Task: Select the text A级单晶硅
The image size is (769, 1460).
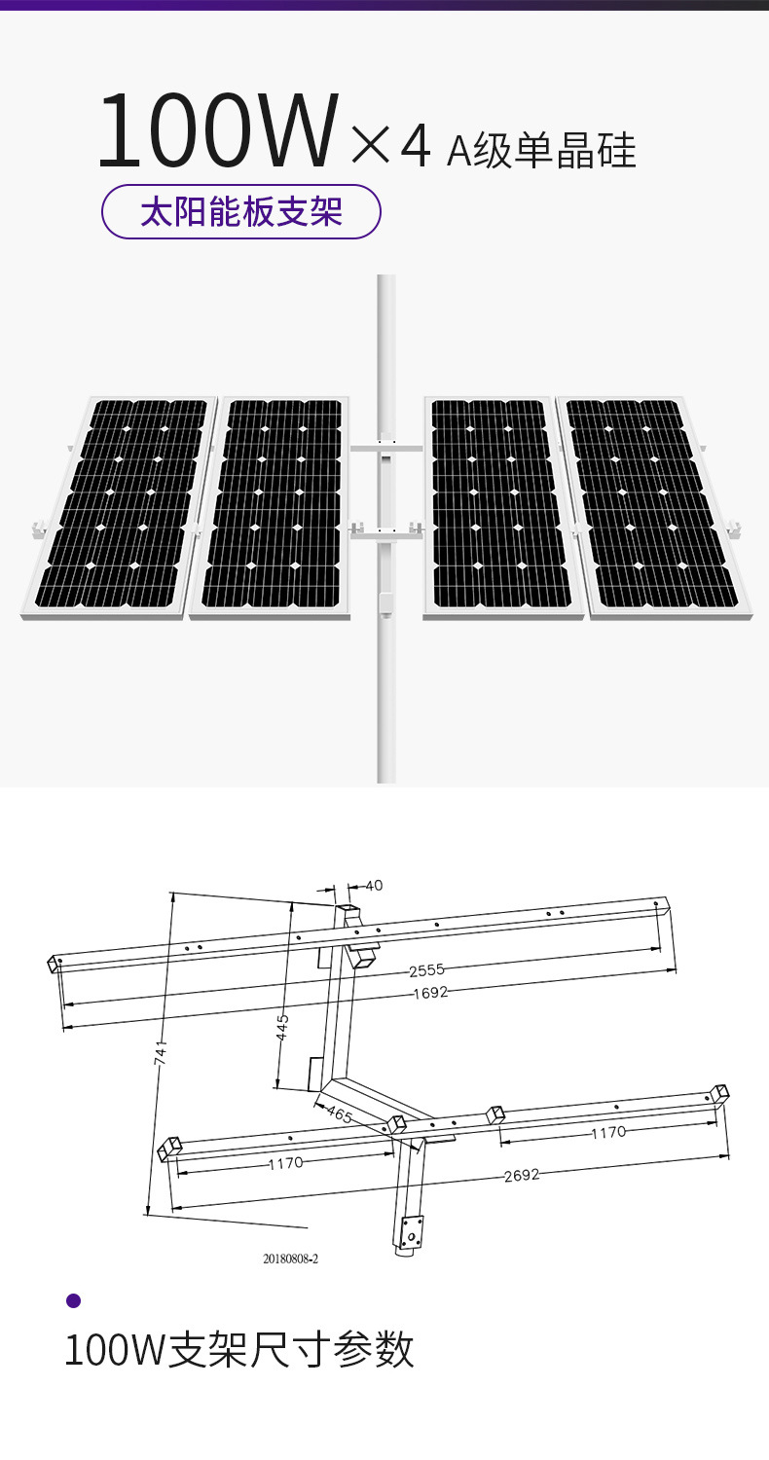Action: coord(541,151)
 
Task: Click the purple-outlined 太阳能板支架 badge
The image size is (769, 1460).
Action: coord(241,211)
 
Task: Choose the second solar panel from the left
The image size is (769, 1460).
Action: coord(271,508)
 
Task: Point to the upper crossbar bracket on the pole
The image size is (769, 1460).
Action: coord(386,449)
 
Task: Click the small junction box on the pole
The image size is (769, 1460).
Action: coord(385,603)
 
